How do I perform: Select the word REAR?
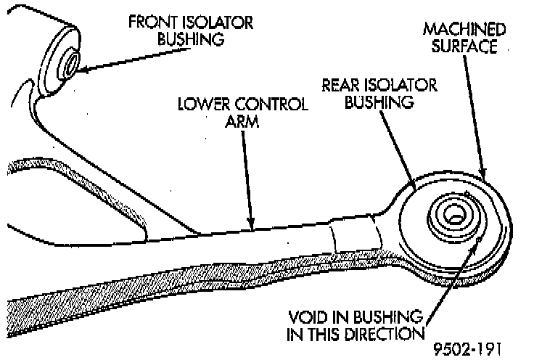point(340,86)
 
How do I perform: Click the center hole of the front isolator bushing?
point(71,63)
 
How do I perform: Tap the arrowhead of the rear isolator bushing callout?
point(414,187)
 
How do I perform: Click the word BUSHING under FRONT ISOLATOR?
point(190,38)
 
